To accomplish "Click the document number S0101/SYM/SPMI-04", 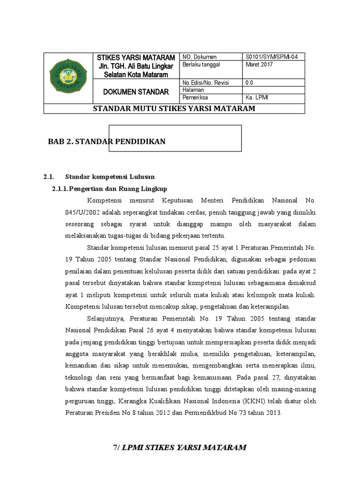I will (271, 57).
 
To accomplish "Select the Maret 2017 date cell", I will (259, 65).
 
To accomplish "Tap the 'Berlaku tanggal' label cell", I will (201, 65).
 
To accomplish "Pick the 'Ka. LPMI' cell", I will (256, 97).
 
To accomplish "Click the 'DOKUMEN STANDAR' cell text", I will (136, 92).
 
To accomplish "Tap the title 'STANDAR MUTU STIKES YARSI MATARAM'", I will (174, 109).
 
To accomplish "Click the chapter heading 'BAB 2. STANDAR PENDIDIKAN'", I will (107, 141).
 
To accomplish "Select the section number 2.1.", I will (49, 177).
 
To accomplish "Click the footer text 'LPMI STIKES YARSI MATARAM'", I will (184, 447).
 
